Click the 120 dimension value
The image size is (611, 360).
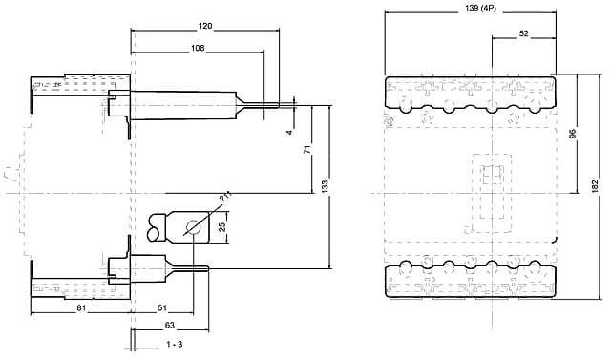[x=205, y=26]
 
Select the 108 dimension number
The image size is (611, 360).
[x=198, y=48]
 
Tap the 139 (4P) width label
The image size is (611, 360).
[x=481, y=9]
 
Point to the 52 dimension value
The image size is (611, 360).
[x=524, y=33]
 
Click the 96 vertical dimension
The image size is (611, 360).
[x=573, y=134]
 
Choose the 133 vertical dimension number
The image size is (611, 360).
[x=325, y=186]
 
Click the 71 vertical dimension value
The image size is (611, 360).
[x=307, y=149]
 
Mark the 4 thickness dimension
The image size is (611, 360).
[x=289, y=133]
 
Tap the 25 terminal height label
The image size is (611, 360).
[x=222, y=227]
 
